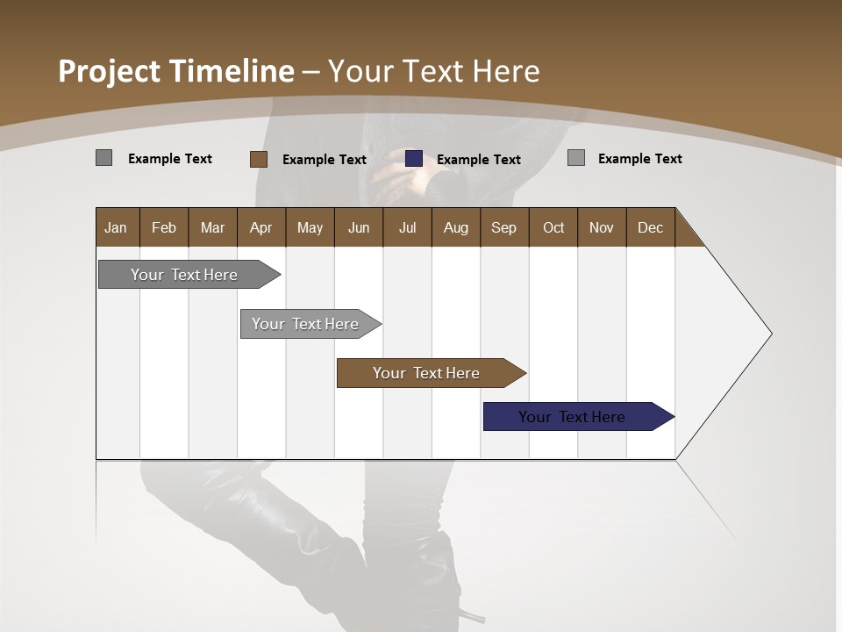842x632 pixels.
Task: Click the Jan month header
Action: coord(117,227)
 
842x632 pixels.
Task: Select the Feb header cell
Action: coord(164,227)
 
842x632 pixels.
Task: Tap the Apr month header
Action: coord(260,227)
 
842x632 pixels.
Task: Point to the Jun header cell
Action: coord(359,227)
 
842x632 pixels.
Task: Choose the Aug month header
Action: coord(455,227)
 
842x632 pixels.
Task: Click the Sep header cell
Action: coord(503,227)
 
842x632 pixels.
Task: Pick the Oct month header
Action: coord(553,227)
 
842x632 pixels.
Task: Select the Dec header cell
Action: coord(650,227)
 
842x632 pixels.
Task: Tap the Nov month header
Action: coord(602,227)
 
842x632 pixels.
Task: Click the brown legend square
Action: coord(258,159)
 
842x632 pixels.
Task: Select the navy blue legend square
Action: coord(414,159)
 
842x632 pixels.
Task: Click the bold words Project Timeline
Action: coord(175,71)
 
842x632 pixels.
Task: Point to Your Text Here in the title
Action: coord(433,71)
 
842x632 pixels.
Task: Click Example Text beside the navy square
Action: coord(478,160)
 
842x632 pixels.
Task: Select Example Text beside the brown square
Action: coord(324,160)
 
